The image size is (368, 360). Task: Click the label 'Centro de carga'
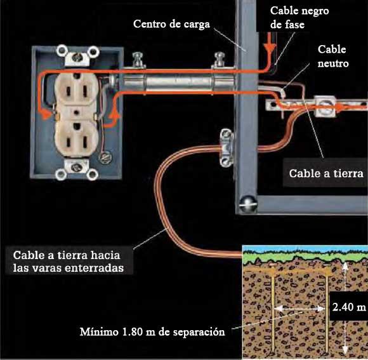pos(171,24)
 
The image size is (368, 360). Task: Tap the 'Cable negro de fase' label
pos(299,18)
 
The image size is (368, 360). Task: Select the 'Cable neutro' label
pos(333,57)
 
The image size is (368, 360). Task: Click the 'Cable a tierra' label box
pos(326,173)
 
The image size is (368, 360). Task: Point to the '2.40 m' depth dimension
pos(349,307)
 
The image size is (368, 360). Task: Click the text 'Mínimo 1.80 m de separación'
pos(152,332)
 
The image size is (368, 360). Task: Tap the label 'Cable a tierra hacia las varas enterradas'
pos(69,261)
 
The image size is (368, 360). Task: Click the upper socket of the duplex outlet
pos(76,90)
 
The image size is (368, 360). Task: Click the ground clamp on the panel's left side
pos(226,147)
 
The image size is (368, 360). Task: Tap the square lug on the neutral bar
pos(325,106)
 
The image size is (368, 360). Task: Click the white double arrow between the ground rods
pos(300,308)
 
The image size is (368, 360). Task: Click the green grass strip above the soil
pos(305,257)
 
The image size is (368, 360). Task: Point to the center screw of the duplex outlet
pos(76,113)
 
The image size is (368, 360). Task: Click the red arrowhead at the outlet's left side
pos(46,114)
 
